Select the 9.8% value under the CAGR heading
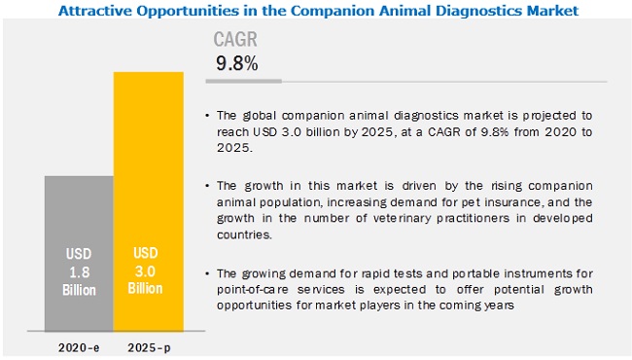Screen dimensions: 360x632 click(x=237, y=65)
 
